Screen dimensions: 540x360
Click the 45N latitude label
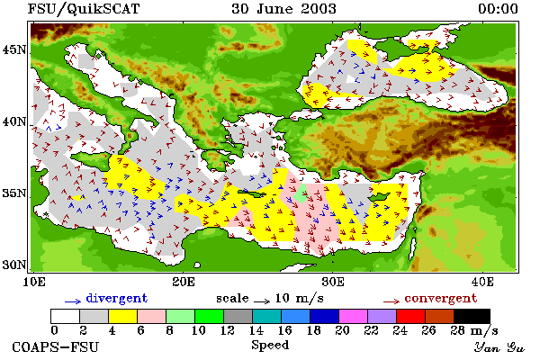14,50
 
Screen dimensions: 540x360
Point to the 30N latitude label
14,265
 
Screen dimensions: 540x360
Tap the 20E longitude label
184,282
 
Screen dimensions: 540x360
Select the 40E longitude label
482,282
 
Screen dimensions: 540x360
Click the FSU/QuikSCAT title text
84,9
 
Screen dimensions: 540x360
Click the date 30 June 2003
284,9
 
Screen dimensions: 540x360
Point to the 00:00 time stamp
498,9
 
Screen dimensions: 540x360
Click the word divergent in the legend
117,298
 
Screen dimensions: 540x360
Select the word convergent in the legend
441,298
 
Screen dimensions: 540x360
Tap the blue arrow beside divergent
73,301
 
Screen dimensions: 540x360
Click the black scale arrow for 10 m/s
262,301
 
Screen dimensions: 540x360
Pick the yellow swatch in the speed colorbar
123,316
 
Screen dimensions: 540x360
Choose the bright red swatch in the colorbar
410,316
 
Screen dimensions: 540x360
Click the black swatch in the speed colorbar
472,316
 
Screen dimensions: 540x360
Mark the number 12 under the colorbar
228,330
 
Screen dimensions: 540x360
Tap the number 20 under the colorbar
343,330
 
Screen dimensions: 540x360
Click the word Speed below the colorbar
270,346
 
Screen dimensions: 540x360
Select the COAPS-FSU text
56,346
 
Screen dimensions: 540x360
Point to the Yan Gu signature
499,347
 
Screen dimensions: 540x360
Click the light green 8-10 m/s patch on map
301,194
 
